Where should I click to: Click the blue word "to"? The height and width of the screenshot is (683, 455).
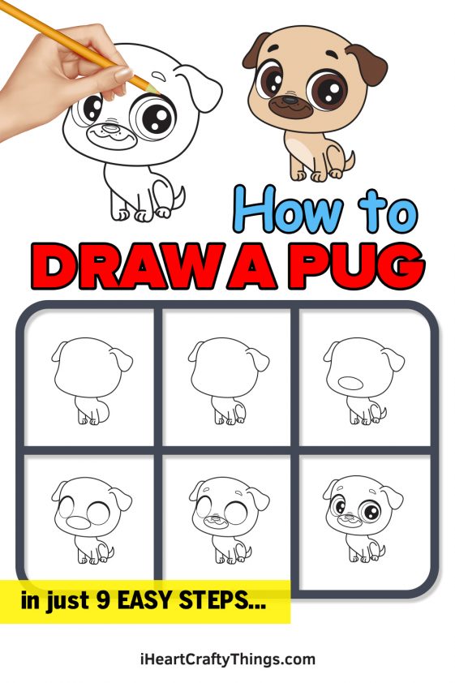click(389, 212)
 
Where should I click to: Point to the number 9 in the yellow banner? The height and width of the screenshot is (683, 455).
click(103, 602)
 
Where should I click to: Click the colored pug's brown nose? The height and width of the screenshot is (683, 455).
click(290, 102)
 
